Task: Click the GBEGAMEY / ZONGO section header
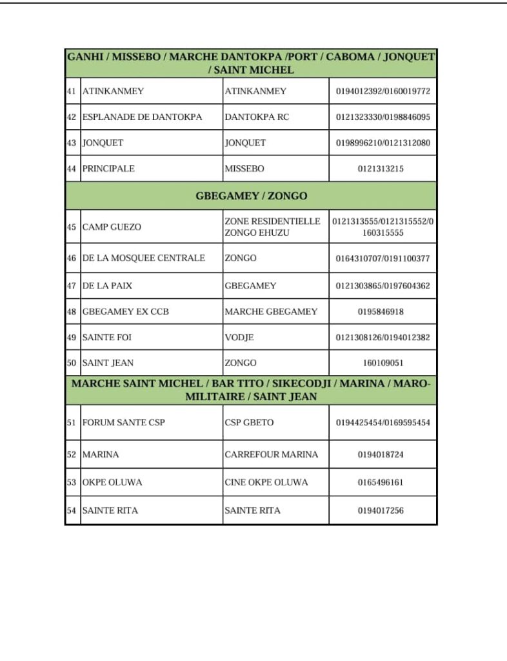pyautogui.click(x=251, y=196)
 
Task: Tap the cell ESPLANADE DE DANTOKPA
pyautogui.click(x=142, y=117)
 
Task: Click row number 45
pyautogui.click(x=72, y=227)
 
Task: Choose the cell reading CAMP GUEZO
pyautogui.click(x=112, y=227)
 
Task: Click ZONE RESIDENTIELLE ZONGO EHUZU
pyautogui.click(x=272, y=227)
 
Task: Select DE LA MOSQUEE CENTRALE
pyautogui.click(x=143, y=258)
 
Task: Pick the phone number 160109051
pyautogui.click(x=383, y=363)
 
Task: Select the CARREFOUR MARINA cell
pyautogui.click(x=271, y=454)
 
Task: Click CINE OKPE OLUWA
pyautogui.click(x=266, y=482)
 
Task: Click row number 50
pyautogui.click(x=72, y=363)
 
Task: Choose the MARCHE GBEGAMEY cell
pyautogui.click(x=271, y=312)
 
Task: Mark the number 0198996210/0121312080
pyautogui.click(x=383, y=143)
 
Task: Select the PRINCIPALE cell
pyautogui.click(x=108, y=168)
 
